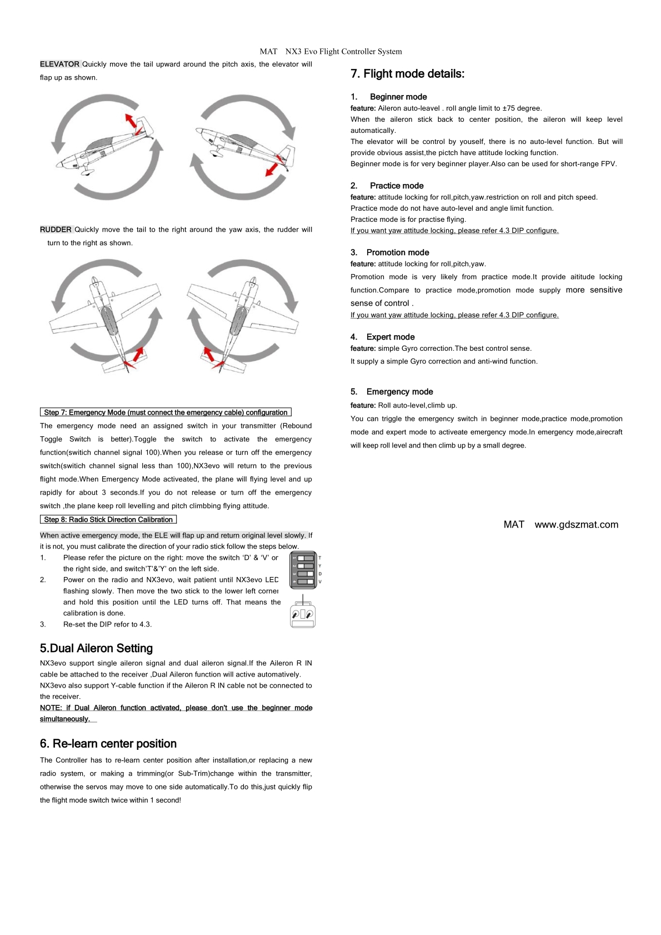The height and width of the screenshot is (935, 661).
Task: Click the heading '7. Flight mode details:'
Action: click(407, 74)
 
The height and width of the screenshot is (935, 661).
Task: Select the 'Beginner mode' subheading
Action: click(398, 97)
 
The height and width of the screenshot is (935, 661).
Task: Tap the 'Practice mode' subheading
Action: click(396, 186)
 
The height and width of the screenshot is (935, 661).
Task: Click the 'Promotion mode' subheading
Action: click(397, 252)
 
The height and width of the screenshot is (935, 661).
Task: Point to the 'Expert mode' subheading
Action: click(390, 337)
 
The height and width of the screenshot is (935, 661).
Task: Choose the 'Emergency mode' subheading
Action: click(399, 392)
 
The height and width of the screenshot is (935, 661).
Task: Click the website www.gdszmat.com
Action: click(576, 525)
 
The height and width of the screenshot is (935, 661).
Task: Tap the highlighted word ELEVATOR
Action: click(59, 64)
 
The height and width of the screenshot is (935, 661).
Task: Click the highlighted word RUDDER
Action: click(56, 230)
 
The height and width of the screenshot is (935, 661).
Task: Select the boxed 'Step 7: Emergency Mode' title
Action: click(166, 412)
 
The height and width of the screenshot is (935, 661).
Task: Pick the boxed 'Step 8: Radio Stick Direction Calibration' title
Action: click(108, 520)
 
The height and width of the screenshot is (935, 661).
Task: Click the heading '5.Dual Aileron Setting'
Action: click(96, 648)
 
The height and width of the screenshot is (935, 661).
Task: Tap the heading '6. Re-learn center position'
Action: click(108, 744)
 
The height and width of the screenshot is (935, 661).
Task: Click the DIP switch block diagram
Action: click(303, 570)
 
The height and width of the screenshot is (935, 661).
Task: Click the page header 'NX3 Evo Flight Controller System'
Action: click(343, 52)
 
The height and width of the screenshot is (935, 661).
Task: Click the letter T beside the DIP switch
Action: click(320, 558)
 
